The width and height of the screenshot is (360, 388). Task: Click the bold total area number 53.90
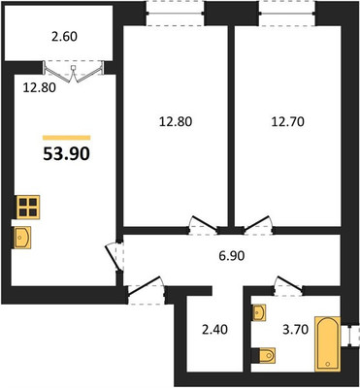(66, 155)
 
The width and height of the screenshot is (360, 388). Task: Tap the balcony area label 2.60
(64, 37)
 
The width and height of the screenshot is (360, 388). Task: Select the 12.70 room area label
(288, 122)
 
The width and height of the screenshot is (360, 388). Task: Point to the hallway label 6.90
(231, 256)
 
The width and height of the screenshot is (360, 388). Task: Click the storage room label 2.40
(214, 330)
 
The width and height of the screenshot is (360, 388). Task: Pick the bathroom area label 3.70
(295, 330)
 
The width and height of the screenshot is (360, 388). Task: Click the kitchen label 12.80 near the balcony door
(40, 87)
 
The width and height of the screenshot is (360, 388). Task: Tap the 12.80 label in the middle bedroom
(176, 122)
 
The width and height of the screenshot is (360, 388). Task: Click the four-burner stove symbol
(28, 208)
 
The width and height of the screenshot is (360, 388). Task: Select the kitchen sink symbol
(22, 238)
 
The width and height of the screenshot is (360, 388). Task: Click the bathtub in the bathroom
(328, 344)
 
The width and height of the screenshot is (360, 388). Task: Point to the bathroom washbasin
(259, 312)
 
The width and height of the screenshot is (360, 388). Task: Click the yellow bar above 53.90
(66, 138)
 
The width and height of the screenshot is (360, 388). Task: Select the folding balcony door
(74, 72)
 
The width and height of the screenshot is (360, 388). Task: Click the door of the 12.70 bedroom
(257, 225)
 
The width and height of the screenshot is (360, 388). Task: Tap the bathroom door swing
(288, 286)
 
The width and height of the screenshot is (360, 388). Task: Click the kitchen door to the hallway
(115, 257)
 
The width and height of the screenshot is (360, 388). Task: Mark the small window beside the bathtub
(350, 336)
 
